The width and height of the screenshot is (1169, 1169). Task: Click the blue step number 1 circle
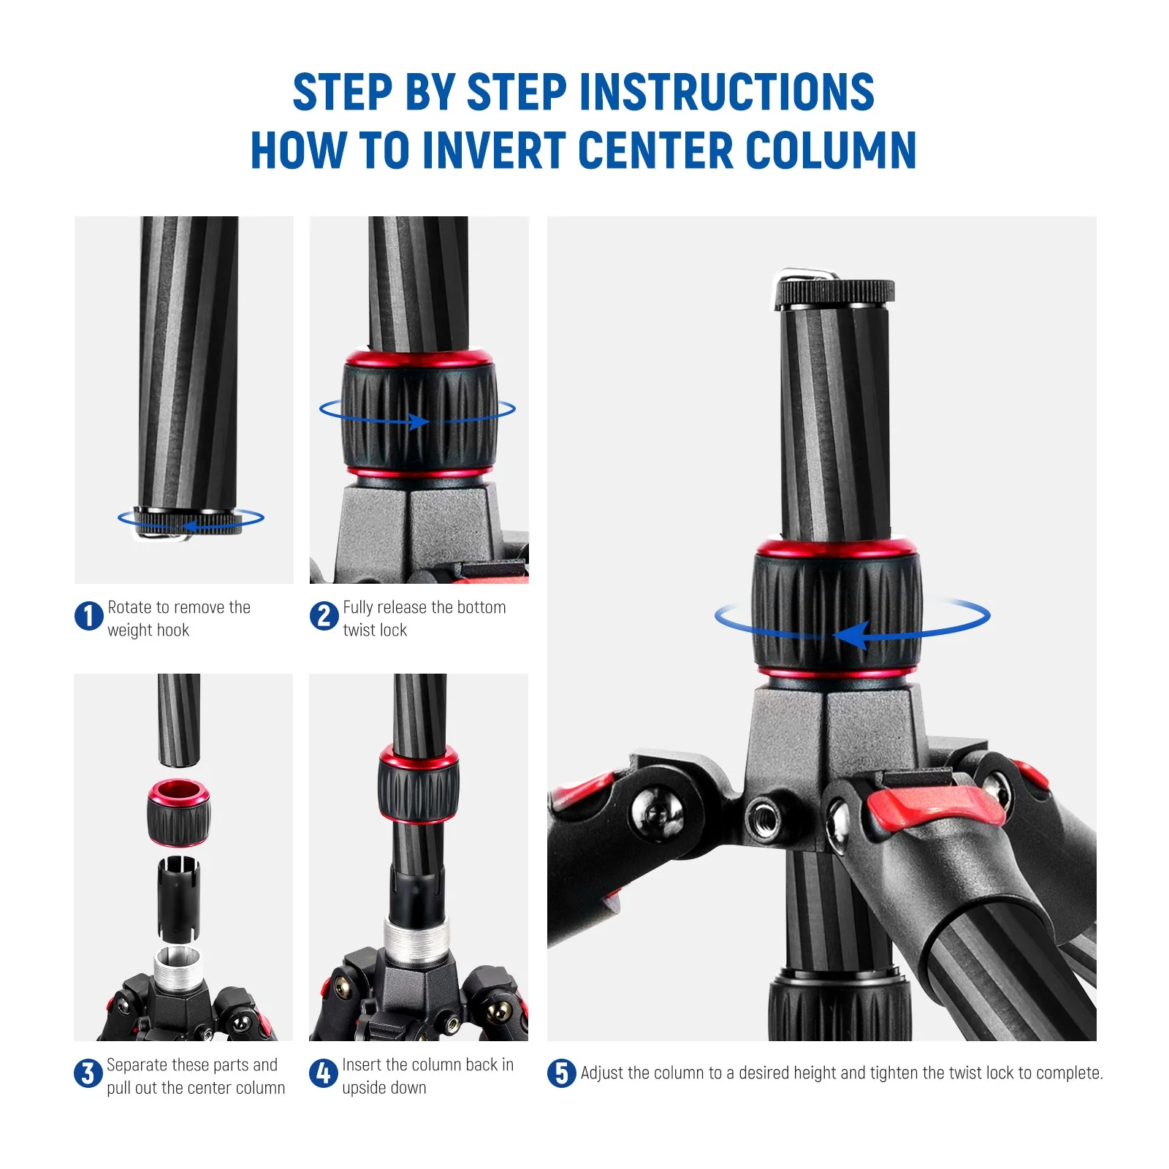pyautogui.click(x=89, y=616)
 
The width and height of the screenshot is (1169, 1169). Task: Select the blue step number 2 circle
pyautogui.click(x=324, y=616)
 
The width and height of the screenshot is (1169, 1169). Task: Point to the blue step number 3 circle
pyautogui.click(x=88, y=1073)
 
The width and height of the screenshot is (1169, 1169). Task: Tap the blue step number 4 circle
pyautogui.click(x=323, y=1073)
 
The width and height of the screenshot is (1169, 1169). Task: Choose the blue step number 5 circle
pyautogui.click(x=561, y=1073)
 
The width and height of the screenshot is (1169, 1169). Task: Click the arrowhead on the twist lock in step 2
pyautogui.click(x=419, y=422)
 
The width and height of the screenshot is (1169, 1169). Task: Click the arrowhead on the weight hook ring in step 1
pyautogui.click(x=189, y=526)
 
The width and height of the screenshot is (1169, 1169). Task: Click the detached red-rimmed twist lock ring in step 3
pyautogui.click(x=179, y=812)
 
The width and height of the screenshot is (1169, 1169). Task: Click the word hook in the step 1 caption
pyautogui.click(x=174, y=631)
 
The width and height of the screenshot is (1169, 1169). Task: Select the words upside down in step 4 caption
pyautogui.click(x=384, y=1088)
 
